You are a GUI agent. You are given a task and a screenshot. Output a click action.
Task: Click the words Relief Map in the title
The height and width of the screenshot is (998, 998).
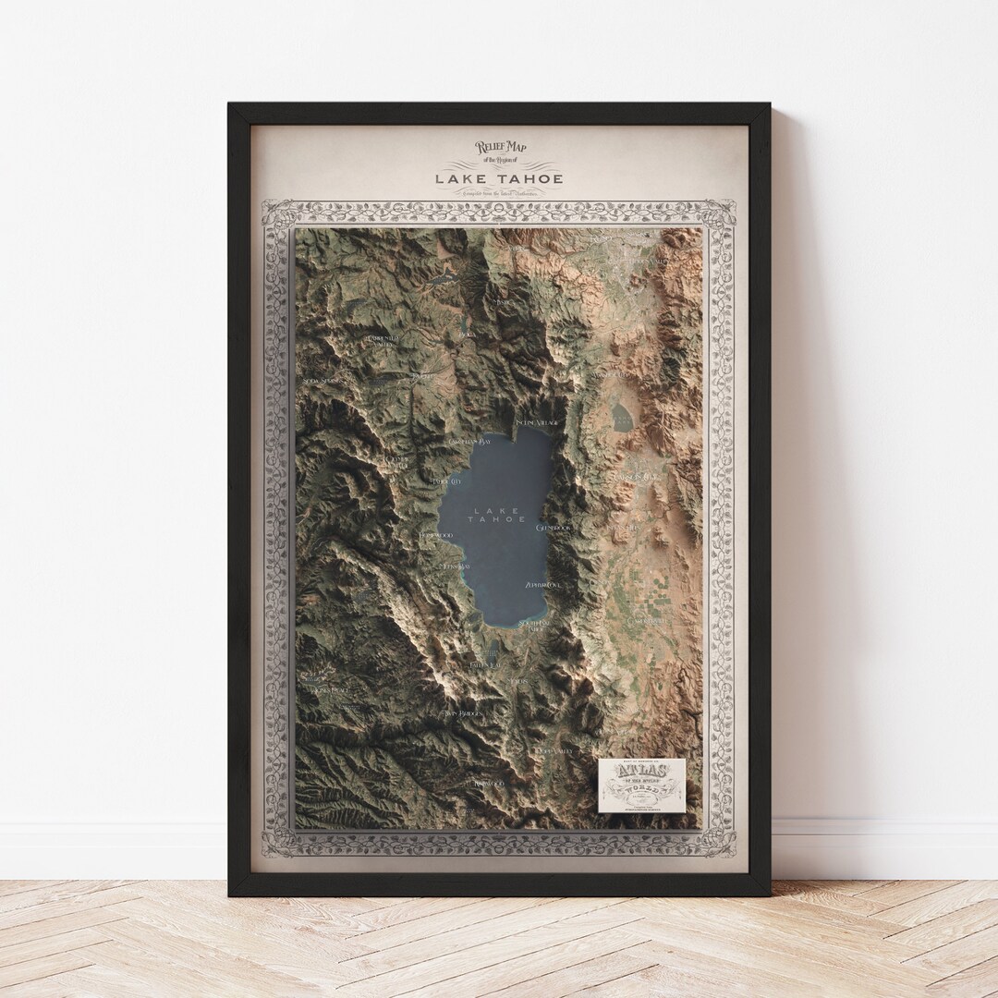(499, 146)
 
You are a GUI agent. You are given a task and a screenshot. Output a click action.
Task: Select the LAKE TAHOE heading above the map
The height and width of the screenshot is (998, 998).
(499, 177)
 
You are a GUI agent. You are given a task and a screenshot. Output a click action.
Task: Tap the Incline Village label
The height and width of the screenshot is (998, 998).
(537, 422)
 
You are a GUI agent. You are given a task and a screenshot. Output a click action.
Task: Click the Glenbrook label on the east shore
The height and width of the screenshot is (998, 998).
(554, 527)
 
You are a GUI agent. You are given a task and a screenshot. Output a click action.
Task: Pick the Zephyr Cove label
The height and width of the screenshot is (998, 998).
(543, 585)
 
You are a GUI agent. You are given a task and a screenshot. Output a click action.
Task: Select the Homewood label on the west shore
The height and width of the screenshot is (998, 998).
(435, 535)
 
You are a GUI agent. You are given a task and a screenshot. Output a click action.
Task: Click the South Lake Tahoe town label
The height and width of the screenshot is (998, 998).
(534, 626)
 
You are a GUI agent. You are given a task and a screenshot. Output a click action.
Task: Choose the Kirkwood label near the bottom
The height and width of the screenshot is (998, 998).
(492, 783)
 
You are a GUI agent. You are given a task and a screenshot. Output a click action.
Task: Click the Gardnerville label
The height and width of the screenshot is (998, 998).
(647, 621)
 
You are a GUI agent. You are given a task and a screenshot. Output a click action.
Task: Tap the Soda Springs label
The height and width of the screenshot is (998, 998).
(319, 380)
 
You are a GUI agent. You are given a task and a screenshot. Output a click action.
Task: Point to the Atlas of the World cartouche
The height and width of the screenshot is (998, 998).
(641, 785)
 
